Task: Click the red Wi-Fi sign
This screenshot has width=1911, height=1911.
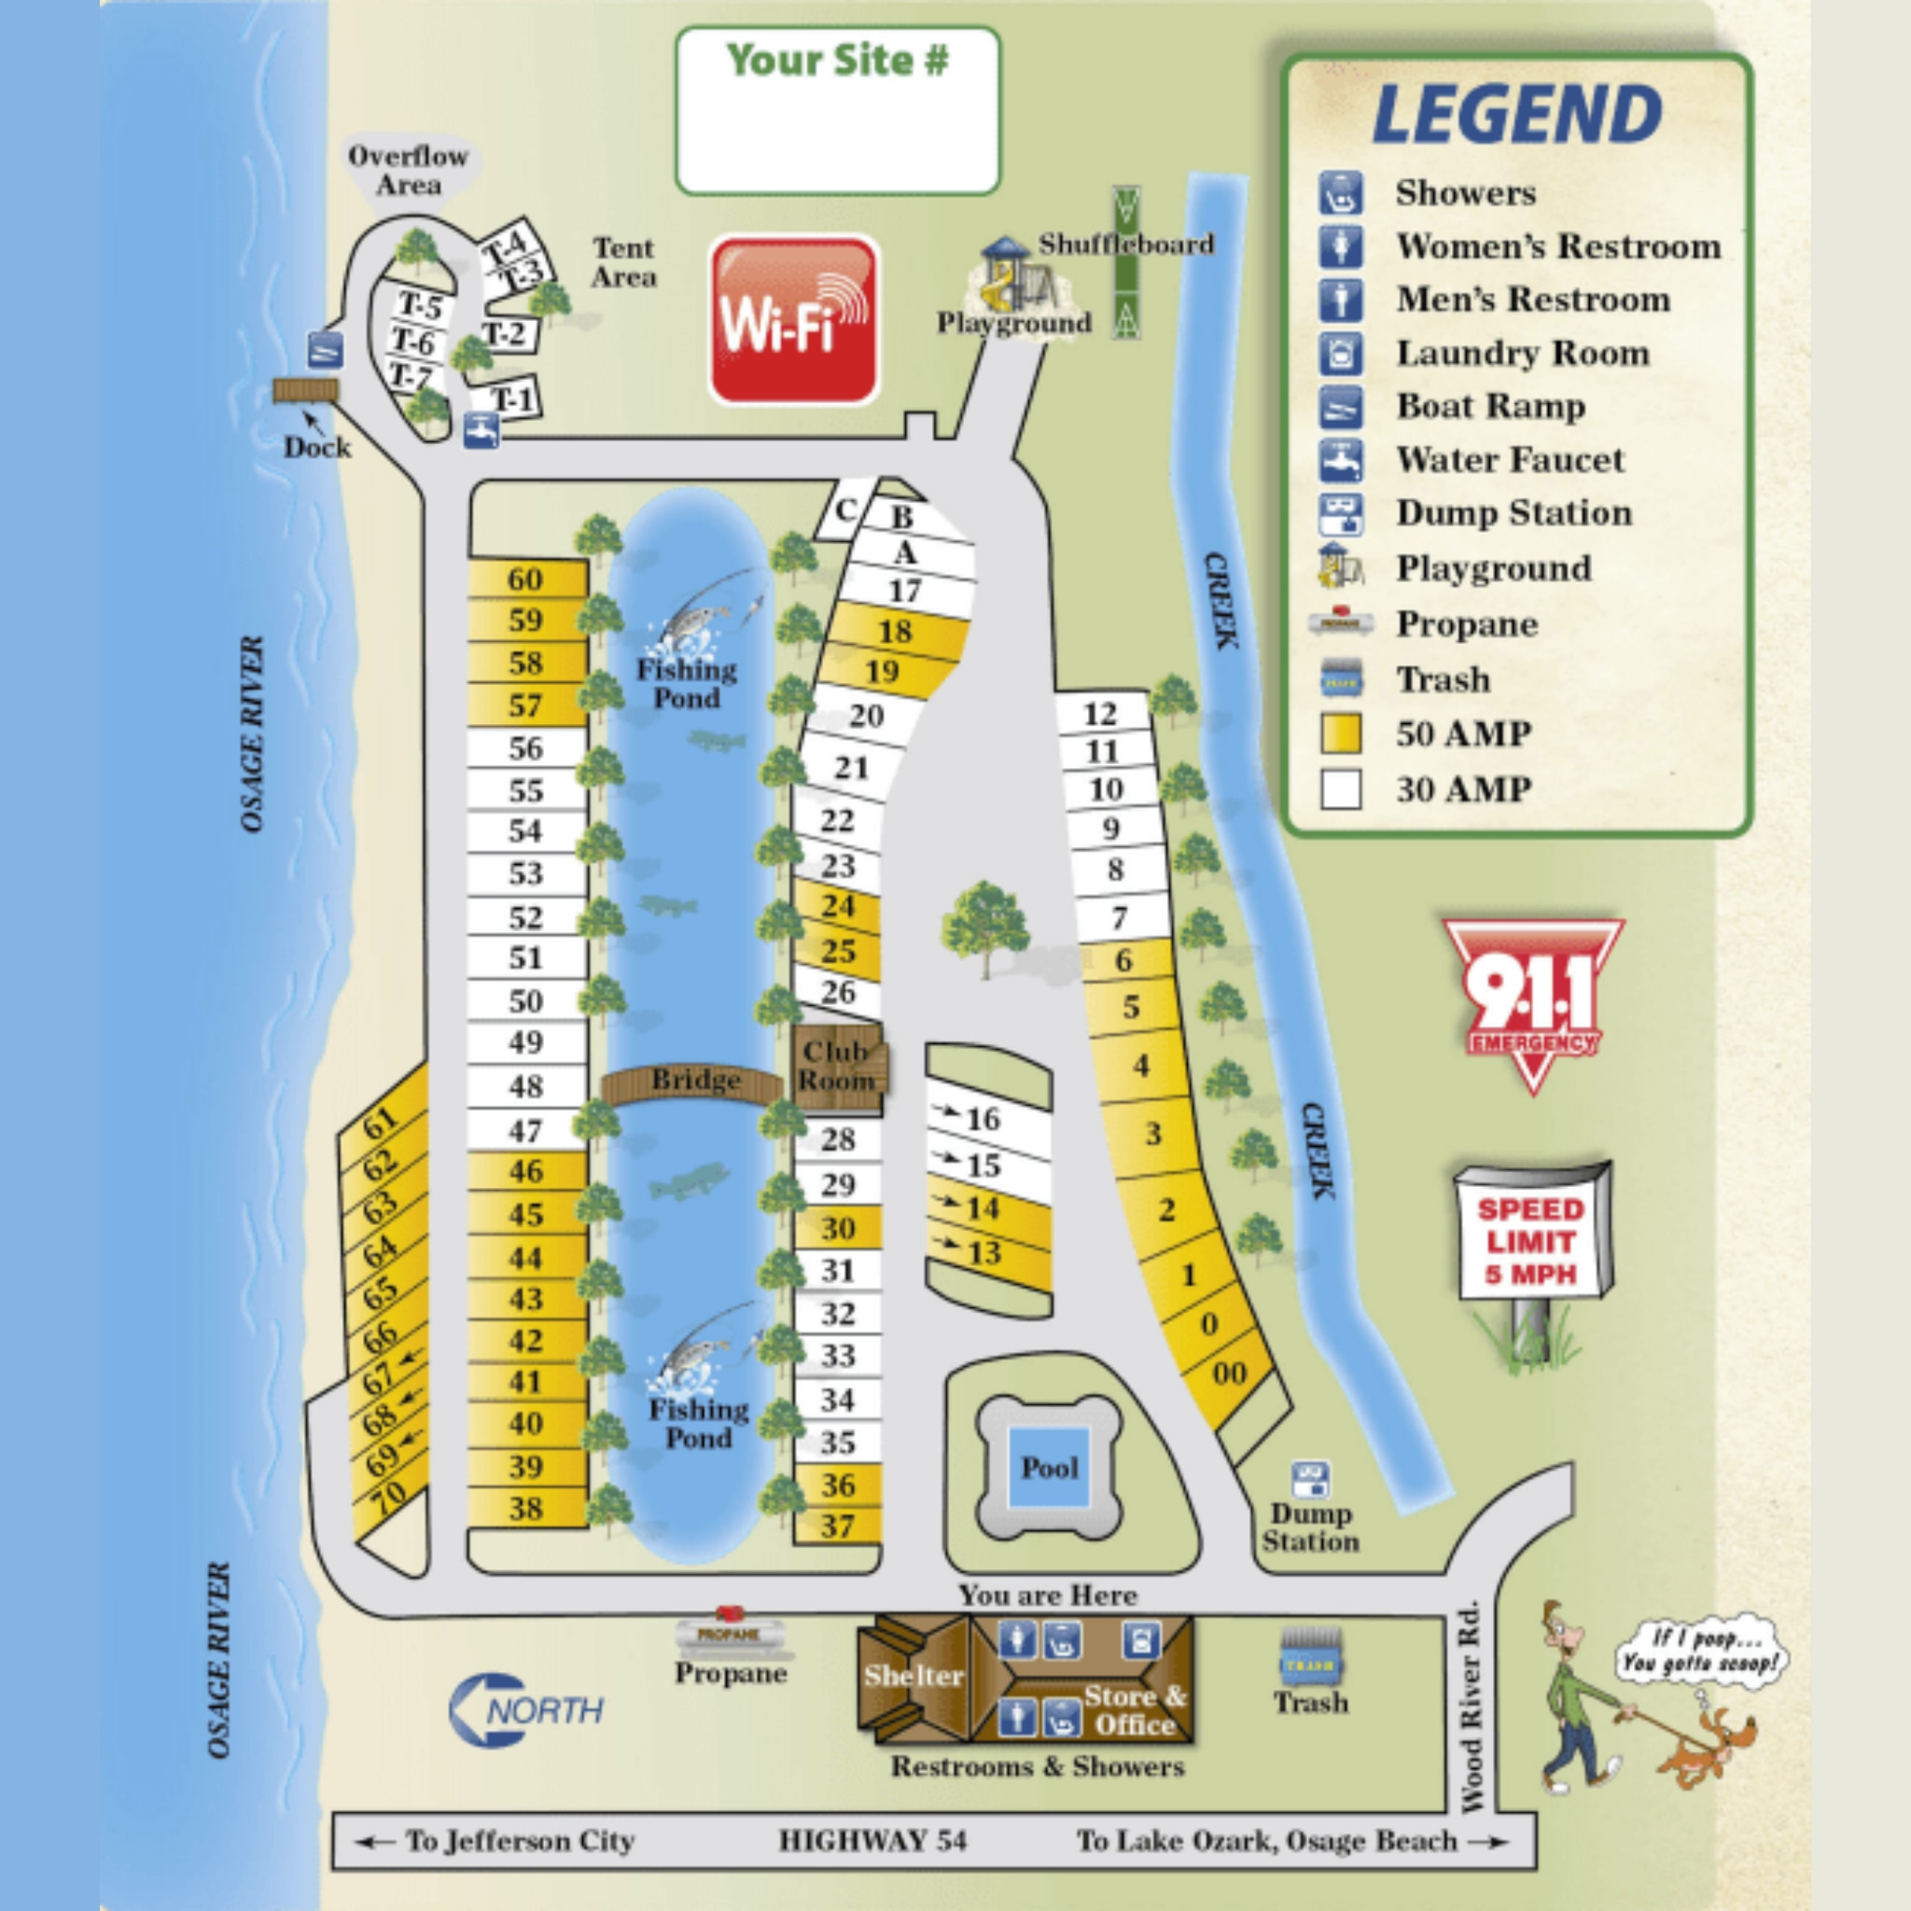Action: [794, 319]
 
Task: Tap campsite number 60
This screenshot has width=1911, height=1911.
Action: [526, 579]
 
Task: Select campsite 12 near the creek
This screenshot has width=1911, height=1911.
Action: [1101, 713]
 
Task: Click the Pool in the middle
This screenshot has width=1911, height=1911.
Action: [1050, 1467]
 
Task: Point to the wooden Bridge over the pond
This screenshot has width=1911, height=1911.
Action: [694, 1081]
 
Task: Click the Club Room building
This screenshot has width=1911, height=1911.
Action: [838, 1065]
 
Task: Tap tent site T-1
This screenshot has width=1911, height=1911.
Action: [511, 399]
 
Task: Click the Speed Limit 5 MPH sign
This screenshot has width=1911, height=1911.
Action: [1531, 1241]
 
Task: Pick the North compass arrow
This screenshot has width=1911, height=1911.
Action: [526, 1709]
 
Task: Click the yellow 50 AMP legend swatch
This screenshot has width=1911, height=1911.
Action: [1340, 734]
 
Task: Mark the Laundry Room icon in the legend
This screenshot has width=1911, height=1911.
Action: [1340, 353]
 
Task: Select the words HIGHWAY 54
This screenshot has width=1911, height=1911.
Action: [872, 1841]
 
